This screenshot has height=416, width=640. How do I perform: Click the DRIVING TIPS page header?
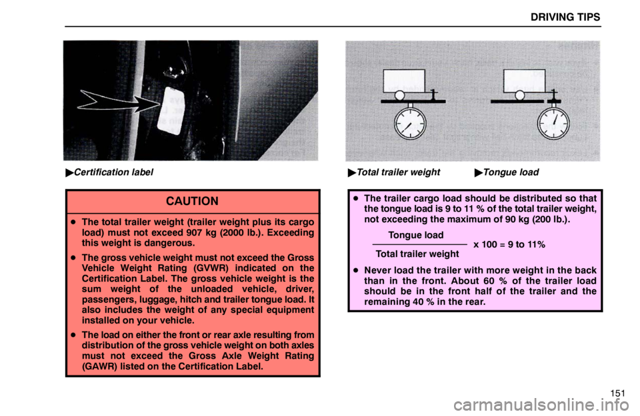(565, 17)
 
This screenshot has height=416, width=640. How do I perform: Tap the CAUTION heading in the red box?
(192, 201)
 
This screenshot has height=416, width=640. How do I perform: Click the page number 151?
(618, 393)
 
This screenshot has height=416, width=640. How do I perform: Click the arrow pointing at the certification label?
(119, 101)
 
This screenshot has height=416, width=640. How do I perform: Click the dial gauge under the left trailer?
(410, 124)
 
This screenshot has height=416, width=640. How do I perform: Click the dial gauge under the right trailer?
(553, 124)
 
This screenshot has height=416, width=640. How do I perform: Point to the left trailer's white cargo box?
(404, 81)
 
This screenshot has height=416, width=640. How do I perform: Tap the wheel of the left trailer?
(399, 96)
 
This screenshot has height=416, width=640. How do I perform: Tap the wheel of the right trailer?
(519, 96)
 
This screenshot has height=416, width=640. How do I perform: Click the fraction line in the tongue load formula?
(419, 244)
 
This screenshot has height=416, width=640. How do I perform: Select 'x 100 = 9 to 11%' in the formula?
(509, 244)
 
